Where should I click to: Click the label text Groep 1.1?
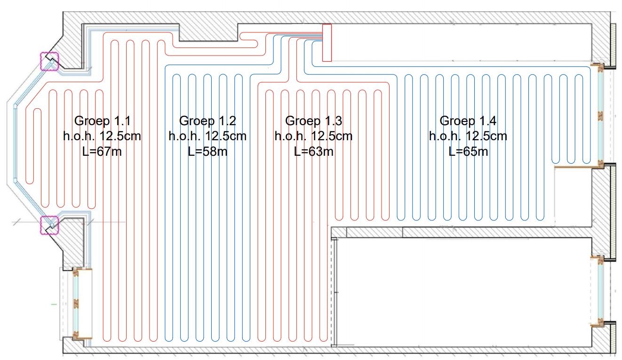point(102,120)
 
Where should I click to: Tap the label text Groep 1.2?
point(207,121)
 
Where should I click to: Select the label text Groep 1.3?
point(314,121)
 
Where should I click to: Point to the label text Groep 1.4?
point(468,121)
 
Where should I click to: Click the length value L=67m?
point(102,152)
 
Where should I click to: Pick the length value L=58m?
point(207,152)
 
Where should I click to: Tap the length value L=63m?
point(314,152)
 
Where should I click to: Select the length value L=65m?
point(468,152)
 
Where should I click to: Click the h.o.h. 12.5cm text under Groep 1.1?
point(102,136)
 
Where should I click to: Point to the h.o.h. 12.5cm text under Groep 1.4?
point(468,136)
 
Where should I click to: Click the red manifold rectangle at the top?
point(327,43)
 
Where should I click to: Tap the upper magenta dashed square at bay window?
point(49,61)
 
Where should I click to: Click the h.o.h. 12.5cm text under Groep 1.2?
point(207,136)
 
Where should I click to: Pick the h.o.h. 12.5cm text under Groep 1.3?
point(314,136)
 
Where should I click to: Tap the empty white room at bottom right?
point(463,292)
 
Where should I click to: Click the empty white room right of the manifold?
point(461,42)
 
